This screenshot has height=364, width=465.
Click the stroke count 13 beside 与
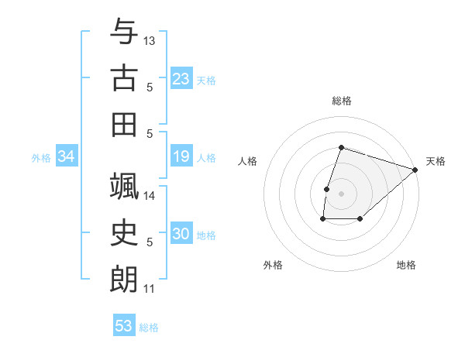tap(150, 40)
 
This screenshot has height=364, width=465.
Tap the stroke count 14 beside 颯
tap(150, 195)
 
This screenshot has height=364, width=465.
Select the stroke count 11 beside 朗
tap(149, 289)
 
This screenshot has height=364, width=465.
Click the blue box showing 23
tap(181, 79)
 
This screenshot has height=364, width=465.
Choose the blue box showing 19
tap(181, 157)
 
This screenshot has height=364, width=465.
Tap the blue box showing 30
tap(181, 235)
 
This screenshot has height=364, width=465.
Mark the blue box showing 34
tap(66, 157)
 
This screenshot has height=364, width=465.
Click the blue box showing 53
tap(123, 326)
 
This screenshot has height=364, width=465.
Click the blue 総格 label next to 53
tap(149, 328)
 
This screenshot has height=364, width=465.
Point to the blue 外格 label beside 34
tap(41, 158)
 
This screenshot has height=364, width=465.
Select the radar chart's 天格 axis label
tap(436, 161)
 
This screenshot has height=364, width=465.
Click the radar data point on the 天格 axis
tap(415, 170)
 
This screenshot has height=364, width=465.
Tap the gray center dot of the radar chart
tap(341, 193)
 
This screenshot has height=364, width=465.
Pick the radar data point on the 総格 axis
tap(341, 147)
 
